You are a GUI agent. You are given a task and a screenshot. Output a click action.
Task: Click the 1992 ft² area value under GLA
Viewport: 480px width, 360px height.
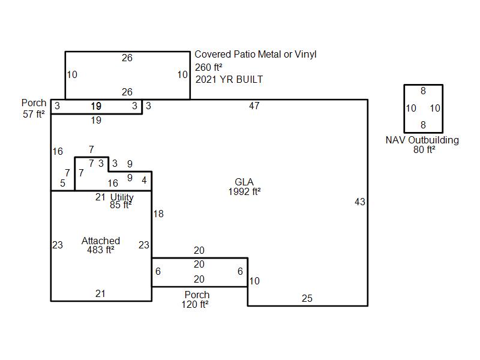(x=244, y=191)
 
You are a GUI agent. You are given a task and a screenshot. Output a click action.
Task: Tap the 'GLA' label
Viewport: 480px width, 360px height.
(x=244, y=182)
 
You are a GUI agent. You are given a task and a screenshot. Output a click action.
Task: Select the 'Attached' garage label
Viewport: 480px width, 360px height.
(x=101, y=241)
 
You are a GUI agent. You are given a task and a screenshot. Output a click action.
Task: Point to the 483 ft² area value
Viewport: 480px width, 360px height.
(x=101, y=250)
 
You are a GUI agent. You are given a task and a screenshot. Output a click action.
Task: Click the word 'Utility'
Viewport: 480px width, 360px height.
(x=122, y=197)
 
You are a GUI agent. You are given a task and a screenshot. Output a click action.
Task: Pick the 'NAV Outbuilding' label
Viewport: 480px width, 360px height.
(x=422, y=140)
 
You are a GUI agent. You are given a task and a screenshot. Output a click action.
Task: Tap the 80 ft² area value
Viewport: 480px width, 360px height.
(x=424, y=149)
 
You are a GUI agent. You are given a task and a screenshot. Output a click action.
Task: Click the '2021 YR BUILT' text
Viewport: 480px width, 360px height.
(x=229, y=80)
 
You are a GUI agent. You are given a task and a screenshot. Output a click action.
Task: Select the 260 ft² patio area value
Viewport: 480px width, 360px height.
(x=208, y=67)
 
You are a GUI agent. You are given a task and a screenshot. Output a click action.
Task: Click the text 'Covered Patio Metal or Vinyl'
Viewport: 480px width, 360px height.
(x=256, y=54)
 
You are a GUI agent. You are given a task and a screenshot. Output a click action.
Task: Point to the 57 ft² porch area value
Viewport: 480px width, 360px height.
(x=34, y=114)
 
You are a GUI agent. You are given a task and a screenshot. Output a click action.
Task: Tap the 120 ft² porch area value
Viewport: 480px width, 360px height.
(x=195, y=305)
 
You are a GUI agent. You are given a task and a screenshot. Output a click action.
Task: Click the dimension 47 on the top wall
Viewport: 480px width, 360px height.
(x=254, y=106)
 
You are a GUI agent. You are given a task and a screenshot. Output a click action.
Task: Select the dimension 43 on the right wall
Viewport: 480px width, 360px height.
(x=360, y=202)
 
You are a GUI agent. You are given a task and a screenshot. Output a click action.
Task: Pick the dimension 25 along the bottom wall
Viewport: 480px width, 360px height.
(x=307, y=298)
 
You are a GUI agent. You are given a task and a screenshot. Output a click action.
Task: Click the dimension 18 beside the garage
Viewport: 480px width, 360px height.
(x=158, y=214)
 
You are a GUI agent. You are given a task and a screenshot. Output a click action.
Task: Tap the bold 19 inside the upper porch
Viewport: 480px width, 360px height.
(x=96, y=106)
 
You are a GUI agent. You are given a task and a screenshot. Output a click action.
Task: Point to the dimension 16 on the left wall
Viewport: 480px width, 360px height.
(x=58, y=151)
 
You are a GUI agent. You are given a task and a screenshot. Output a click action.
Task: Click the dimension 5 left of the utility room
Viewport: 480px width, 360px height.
(x=63, y=183)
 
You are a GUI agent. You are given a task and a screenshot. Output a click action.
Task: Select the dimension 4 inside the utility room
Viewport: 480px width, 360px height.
(x=144, y=180)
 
